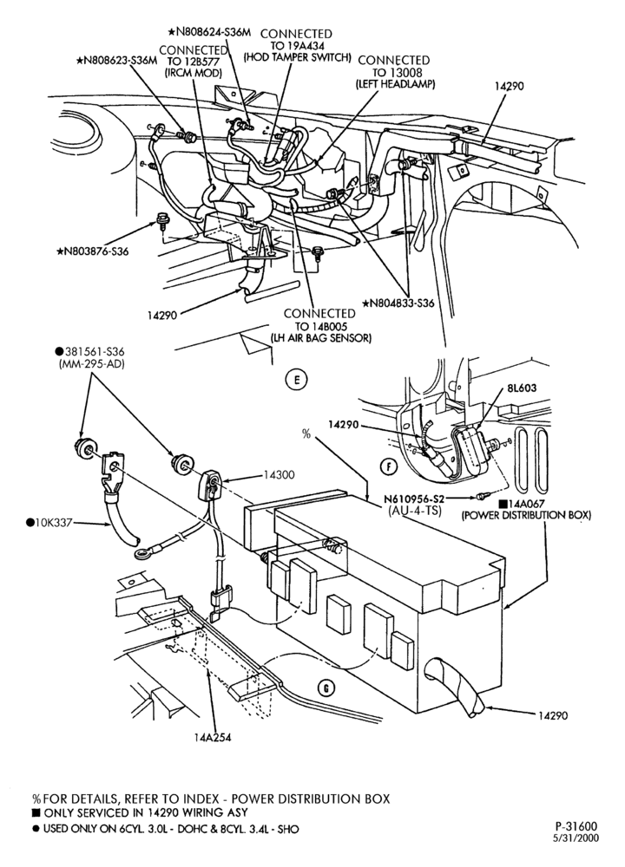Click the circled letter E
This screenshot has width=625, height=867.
click(x=297, y=380)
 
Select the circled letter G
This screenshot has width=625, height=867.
click(x=326, y=688)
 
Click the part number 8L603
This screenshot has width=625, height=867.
click(x=521, y=388)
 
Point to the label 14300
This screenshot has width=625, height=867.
click(x=279, y=474)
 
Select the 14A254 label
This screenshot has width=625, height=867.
click(x=213, y=737)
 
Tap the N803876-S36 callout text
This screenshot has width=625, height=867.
click(x=93, y=251)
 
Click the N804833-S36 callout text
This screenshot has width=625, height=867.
click(x=398, y=303)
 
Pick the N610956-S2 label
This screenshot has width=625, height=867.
click(x=414, y=499)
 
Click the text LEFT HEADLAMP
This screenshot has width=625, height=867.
click(x=395, y=84)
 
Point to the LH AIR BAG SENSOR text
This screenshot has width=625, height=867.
click(x=320, y=337)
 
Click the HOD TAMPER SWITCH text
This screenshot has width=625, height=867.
click(x=298, y=57)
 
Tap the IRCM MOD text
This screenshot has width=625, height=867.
click(x=194, y=73)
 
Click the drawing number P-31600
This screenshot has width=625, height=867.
click(x=576, y=826)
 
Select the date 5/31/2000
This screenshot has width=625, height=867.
click(x=577, y=838)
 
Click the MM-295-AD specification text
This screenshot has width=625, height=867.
click(x=91, y=364)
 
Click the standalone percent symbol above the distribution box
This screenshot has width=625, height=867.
click(x=306, y=434)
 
